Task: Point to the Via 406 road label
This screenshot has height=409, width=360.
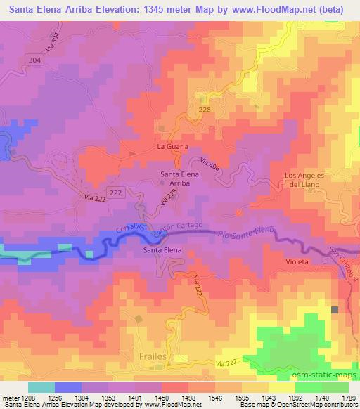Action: click(x=211, y=168)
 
